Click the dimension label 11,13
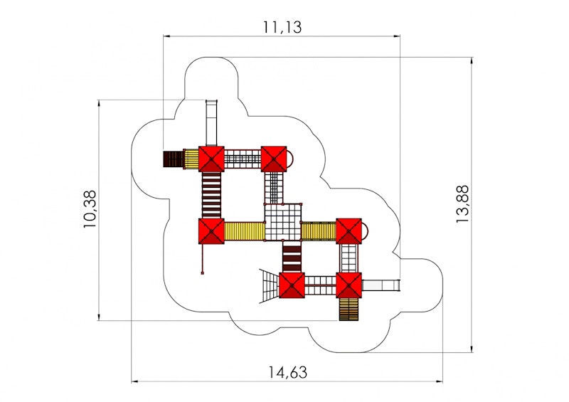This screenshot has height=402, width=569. pyautogui.click(x=282, y=27)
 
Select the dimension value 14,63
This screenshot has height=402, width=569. pyautogui.click(x=287, y=371)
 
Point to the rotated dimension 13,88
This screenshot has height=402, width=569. pyautogui.click(x=463, y=205)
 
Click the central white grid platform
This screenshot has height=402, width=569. pyautogui.click(x=283, y=223)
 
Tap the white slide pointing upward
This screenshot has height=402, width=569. pyautogui.click(x=211, y=122)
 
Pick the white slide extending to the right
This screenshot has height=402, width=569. pyautogui.click(x=381, y=286)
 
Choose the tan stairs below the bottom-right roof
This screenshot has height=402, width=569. pyautogui.click(x=349, y=309)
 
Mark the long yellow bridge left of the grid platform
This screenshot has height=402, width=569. pyautogui.click(x=244, y=231)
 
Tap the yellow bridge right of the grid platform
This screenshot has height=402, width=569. pyautogui.click(x=318, y=231)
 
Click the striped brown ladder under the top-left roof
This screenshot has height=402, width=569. pyautogui.click(x=211, y=194)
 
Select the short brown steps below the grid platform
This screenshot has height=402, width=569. pyautogui.click(x=292, y=257)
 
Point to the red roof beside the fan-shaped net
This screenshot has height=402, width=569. pyautogui.click(x=292, y=286)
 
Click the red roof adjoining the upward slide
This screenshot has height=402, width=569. pyautogui.click(x=211, y=159)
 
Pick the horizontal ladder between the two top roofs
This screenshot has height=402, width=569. pyautogui.click(x=243, y=159)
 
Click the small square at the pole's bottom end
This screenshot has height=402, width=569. pyautogui.click(x=203, y=273)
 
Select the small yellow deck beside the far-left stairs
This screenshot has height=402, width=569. pyautogui.click(x=191, y=159)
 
